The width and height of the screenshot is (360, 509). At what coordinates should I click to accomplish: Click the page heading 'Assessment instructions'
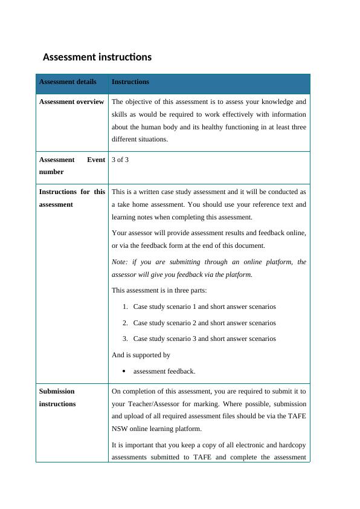tap(97, 57)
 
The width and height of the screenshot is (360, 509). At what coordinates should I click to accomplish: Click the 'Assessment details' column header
tap(67, 82)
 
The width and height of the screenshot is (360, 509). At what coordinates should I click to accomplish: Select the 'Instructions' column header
tap(130, 82)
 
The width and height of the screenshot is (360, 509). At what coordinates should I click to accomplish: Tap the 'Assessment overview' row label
tap(71, 102)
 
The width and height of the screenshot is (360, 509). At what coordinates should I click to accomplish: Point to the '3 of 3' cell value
tap(120, 160)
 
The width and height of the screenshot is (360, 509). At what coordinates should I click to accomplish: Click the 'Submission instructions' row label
tap(57, 397)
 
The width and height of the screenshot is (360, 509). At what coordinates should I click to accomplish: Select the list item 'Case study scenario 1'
tap(204, 306)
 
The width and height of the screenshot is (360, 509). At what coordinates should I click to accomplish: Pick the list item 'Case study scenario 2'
tap(204, 323)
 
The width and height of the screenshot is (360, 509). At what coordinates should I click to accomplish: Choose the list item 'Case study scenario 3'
tap(204, 339)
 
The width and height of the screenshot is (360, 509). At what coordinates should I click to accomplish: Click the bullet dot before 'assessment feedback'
tap(123, 371)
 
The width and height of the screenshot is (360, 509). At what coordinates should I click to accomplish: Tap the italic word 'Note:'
tap(120, 262)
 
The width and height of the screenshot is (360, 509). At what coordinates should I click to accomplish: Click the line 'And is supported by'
tap(141, 355)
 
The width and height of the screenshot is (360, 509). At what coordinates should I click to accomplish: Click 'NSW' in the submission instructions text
tap(119, 429)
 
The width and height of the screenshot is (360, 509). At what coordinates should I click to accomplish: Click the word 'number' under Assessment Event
tap(51, 172)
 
